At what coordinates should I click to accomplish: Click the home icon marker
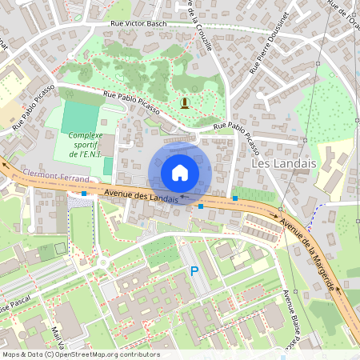(180, 173)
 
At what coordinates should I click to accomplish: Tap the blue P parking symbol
(194, 273)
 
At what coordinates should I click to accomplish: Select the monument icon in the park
(186, 102)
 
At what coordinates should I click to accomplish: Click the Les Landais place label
(284, 162)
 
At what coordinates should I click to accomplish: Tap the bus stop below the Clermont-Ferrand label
(84, 193)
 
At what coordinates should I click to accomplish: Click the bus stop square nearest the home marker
(200, 206)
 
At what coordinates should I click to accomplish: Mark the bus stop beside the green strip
(235, 198)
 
